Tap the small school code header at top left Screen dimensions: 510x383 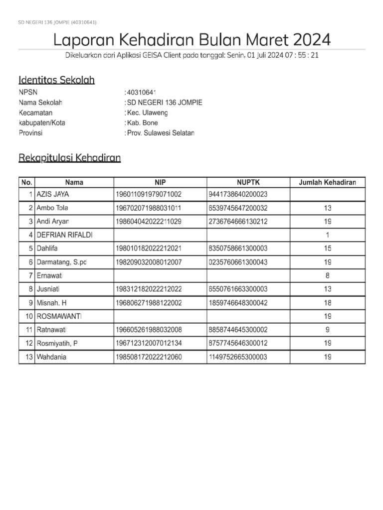tap(57, 22)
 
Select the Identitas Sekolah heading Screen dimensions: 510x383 tap(56, 80)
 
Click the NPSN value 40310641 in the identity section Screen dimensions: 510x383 tap(142, 93)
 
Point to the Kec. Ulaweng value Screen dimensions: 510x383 tap(148, 113)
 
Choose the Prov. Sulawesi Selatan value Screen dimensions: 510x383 tap(161, 133)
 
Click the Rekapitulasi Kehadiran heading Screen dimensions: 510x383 tap(69, 158)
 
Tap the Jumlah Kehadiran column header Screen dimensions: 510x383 tap(327, 182)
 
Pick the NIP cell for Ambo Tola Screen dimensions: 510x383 tap(148, 208)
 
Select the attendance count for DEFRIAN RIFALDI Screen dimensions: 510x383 tap(327, 235)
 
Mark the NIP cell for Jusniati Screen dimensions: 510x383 tap(148, 289)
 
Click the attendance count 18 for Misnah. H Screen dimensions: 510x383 tap(327, 302)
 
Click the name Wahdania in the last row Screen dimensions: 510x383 tap(51, 357)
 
